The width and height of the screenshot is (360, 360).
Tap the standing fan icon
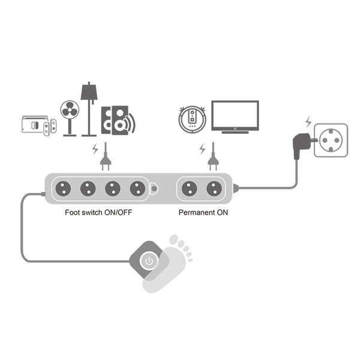[x=70, y=117]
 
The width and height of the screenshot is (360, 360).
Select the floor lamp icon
[x=89, y=108]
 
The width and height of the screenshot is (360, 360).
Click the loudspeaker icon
[x=116, y=120]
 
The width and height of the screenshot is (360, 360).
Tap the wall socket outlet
[x=331, y=140]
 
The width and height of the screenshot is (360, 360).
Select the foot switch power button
[x=149, y=260]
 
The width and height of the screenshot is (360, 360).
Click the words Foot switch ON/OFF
[x=99, y=213]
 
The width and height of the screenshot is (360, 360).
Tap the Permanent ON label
[x=203, y=213]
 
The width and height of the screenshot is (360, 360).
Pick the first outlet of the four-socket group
[x=62, y=188]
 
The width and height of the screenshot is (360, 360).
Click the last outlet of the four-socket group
[x=137, y=188]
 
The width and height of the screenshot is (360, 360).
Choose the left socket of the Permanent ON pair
[x=189, y=188]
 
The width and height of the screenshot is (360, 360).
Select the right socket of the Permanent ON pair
[x=214, y=188]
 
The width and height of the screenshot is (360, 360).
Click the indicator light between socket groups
[x=154, y=188]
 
